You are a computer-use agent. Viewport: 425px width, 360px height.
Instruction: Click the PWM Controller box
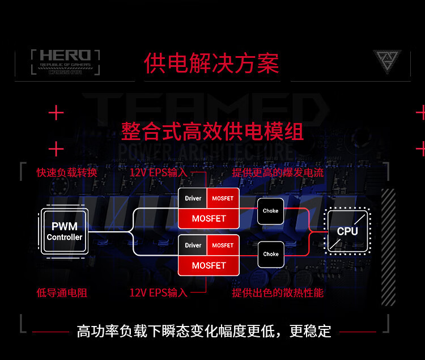click(65, 231)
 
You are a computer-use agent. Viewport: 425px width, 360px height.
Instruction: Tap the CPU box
click(347, 231)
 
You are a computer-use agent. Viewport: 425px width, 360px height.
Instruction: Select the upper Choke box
click(270, 211)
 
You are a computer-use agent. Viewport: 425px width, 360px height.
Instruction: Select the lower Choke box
click(270, 254)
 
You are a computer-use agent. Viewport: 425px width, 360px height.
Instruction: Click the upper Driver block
click(193, 198)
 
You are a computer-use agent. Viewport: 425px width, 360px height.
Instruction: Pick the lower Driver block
click(193, 245)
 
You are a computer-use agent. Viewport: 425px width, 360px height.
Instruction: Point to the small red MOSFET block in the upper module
click(223, 198)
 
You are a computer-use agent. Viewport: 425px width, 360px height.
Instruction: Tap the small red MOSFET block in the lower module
click(223, 245)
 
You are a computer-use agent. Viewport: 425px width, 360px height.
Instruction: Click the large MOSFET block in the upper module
click(209, 218)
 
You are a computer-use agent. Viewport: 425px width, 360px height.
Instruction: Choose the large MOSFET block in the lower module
click(209, 265)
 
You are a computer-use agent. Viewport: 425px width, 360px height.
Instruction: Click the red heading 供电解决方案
click(211, 63)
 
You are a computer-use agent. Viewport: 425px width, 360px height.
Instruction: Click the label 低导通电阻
click(62, 293)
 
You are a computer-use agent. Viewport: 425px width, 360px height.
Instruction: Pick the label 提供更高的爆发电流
click(278, 172)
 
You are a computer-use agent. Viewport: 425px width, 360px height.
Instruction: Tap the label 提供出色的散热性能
click(278, 293)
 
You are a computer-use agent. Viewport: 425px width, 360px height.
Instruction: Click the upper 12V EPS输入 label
click(158, 172)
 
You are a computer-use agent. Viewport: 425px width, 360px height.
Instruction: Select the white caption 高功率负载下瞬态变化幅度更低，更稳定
click(204, 331)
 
